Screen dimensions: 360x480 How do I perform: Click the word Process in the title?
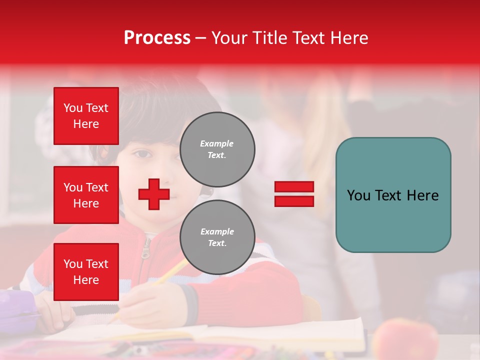tap(157, 38)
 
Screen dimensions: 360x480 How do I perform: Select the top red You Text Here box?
tap(86, 116)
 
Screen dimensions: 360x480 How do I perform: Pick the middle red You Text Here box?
tap(86, 195)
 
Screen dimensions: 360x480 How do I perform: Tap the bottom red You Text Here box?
tap(86, 272)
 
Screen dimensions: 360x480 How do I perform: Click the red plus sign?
tap(154, 194)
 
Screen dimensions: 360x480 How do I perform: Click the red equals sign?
tap(294, 194)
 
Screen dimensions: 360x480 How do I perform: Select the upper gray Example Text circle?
tap(217, 149)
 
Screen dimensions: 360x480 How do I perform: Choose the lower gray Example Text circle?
tap(217, 237)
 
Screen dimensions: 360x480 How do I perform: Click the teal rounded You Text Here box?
tap(393, 195)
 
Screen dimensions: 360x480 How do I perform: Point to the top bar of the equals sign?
tap(294, 187)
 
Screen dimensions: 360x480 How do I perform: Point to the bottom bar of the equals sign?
tap(294, 201)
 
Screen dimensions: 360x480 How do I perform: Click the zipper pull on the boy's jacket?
tap(145, 252)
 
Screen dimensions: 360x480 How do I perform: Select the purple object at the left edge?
tap(17, 307)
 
